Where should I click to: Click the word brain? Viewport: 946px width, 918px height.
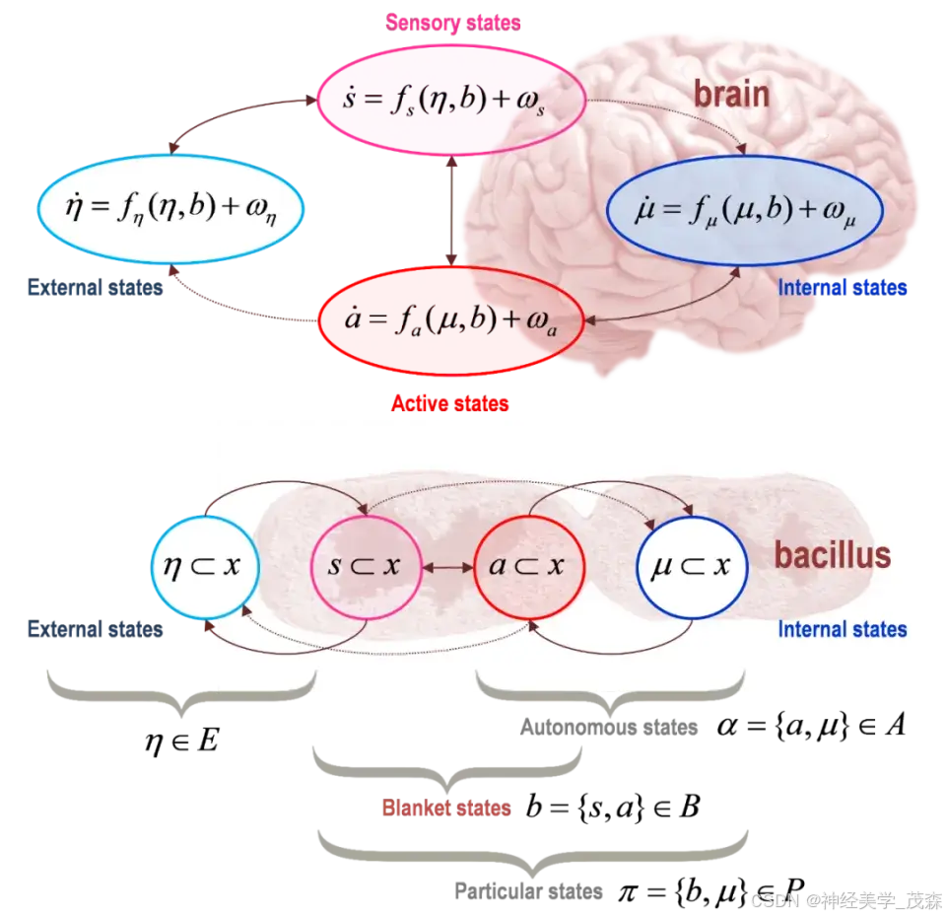click(730, 94)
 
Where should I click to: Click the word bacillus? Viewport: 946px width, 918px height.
click(832, 555)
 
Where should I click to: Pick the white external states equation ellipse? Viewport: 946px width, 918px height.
click(169, 209)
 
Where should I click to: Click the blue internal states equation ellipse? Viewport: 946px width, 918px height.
click(744, 210)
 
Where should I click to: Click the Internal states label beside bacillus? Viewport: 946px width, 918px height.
click(842, 629)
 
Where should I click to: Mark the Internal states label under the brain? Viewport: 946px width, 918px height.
click(842, 288)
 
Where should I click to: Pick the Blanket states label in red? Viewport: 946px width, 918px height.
click(445, 809)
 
